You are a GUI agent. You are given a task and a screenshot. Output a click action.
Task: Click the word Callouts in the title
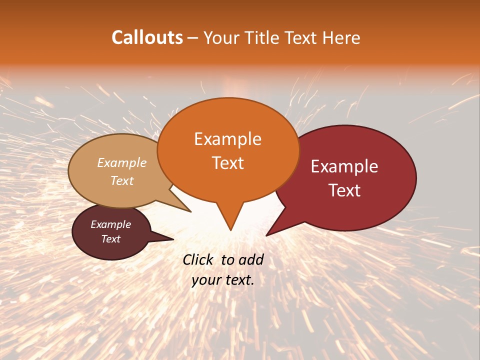click(147, 37)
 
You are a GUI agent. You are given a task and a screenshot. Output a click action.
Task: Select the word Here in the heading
click(341, 37)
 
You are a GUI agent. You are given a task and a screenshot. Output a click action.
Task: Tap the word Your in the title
click(222, 37)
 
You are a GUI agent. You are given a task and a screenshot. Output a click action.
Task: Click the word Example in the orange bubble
click(227, 139)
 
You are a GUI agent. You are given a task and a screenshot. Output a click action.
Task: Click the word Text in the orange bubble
click(227, 163)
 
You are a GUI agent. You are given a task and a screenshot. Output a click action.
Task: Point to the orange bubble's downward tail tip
click(230, 230)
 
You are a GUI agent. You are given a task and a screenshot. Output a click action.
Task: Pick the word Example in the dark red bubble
click(344, 166)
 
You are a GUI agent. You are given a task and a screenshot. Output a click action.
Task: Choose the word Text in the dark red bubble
click(344, 190)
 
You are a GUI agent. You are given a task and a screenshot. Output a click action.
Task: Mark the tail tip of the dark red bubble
click(266, 235)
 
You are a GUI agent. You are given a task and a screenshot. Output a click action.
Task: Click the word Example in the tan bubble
click(122, 162)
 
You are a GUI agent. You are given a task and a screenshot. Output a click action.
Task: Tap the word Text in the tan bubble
click(122, 180)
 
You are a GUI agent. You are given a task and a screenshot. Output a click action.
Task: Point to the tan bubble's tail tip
click(191, 212)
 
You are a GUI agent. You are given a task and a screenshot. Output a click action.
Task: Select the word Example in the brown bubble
click(111, 224)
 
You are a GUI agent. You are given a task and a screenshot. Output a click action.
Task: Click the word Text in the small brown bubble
click(111, 239)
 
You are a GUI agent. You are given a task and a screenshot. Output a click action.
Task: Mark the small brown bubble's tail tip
click(173, 239)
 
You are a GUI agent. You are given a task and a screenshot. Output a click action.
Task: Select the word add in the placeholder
click(251, 259)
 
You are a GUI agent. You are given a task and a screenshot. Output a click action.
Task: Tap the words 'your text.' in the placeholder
click(223, 280)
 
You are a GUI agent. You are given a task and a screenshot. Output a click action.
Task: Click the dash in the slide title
click(193, 38)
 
